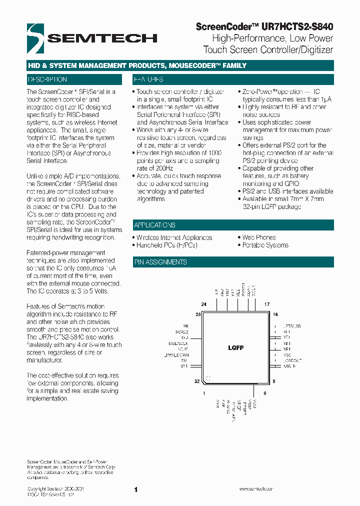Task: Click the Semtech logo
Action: point(92,37)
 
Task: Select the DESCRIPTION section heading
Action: point(47,79)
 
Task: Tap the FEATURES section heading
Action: point(148,79)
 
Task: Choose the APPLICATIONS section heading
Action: point(154,225)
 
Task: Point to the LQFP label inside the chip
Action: point(235,347)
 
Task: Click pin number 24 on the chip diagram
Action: point(204,304)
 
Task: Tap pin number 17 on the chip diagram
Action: point(267,304)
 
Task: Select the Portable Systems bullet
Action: point(265,245)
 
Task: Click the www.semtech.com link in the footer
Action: point(256,489)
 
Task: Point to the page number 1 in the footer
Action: point(136,490)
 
